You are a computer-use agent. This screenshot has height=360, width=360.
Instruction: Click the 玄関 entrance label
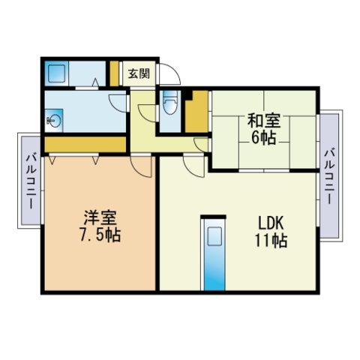pyautogui.click(x=139, y=73)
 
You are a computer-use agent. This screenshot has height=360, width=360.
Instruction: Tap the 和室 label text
pyautogui.click(x=264, y=121)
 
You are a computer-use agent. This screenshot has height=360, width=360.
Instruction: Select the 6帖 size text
pyautogui.click(x=264, y=138)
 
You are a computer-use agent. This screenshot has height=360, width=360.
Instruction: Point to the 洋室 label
pyautogui.click(x=100, y=217)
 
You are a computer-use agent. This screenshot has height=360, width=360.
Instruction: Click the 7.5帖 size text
pyautogui.click(x=100, y=235)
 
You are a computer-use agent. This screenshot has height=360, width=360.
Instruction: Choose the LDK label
pyautogui.click(x=271, y=223)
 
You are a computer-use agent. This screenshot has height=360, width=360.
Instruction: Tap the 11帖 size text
pyautogui.click(x=271, y=240)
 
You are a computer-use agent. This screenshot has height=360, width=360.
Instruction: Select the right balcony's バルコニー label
pyautogui.click(x=329, y=176)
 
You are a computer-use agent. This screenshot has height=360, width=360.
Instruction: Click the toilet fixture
pyautogui.click(x=170, y=102)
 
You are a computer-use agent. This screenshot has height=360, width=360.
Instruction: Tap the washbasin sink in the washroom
pyautogui.click(x=54, y=121)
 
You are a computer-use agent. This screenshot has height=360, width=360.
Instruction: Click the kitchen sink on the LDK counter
pyautogui.click(x=214, y=236)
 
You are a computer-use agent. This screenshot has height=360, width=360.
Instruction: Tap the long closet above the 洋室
pyautogui.click(x=85, y=144)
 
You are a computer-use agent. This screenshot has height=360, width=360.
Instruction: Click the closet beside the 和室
pyautogui.click(x=196, y=112)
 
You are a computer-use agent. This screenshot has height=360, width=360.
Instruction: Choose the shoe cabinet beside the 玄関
pyautogui.click(x=114, y=73)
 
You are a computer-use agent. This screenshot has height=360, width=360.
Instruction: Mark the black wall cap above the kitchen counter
pyautogui.click(x=213, y=217)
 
